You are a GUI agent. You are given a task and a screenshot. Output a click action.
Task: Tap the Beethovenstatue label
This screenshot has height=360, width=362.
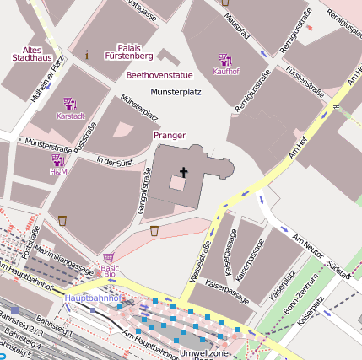(159, 75)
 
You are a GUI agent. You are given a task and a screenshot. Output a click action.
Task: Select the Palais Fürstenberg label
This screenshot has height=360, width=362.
(135, 51)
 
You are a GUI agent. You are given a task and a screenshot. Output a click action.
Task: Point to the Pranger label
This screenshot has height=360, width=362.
(169, 135)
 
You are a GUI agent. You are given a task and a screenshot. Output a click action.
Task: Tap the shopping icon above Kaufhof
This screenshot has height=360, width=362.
(225, 60)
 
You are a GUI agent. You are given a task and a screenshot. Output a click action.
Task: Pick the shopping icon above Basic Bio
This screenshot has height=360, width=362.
(109, 258)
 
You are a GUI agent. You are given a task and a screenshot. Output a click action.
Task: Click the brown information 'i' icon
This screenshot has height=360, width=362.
(87, 54)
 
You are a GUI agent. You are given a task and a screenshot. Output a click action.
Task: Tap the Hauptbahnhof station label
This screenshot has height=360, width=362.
(94, 298)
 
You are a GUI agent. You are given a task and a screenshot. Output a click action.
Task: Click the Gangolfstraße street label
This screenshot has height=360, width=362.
(144, 190)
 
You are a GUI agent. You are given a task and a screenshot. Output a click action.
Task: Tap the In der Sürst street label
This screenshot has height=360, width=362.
(116, 160)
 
